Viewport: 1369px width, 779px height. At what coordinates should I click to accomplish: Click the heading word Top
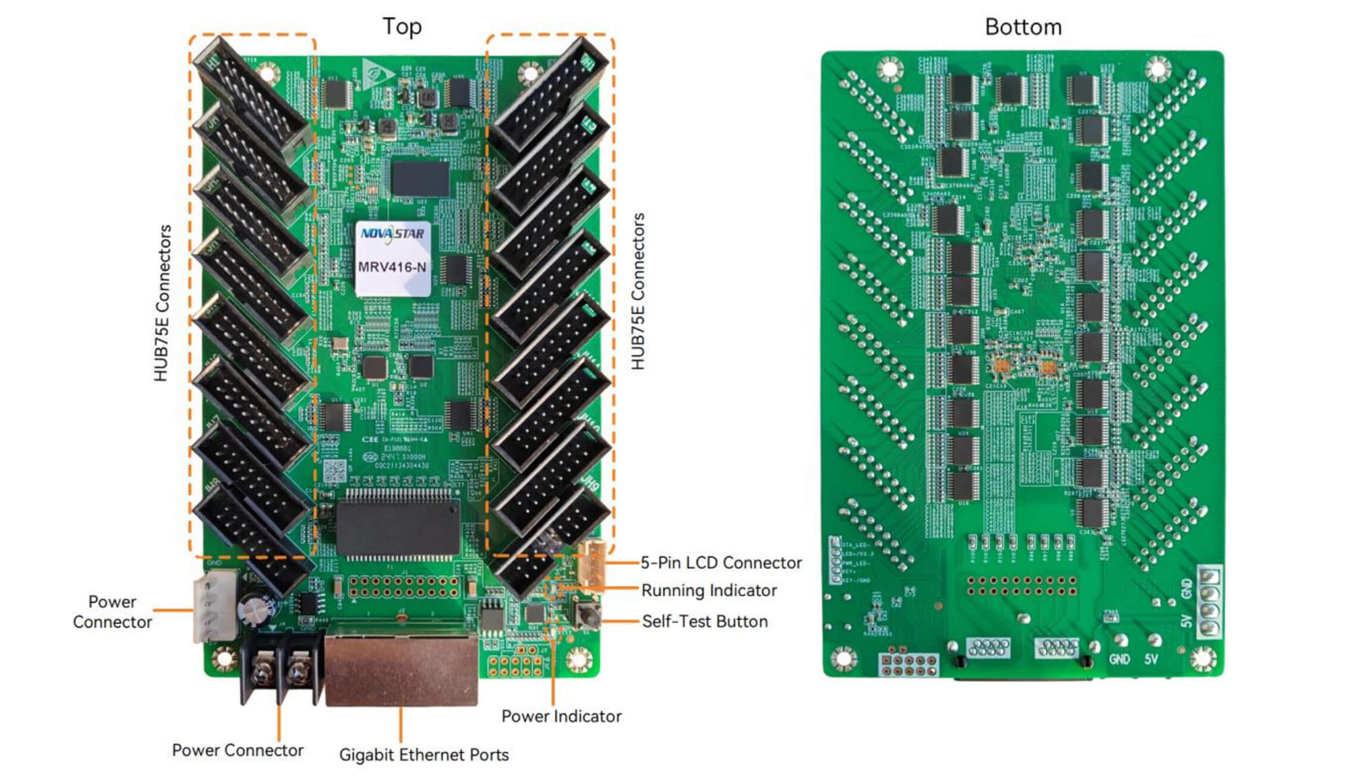402,27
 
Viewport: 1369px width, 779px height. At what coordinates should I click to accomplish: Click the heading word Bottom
1023,27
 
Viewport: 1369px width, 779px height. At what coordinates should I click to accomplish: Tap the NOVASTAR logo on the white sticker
392,234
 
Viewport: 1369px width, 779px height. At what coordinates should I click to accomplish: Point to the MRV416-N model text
392,267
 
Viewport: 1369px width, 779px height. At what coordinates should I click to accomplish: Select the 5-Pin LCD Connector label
721,563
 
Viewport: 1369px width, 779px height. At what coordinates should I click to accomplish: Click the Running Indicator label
709,590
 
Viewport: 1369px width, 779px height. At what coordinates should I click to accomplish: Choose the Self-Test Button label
705,621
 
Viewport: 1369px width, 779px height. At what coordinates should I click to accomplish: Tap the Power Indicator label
561,716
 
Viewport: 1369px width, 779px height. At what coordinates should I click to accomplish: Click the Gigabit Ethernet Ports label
424,755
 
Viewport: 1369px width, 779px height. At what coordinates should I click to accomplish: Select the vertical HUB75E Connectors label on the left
162,303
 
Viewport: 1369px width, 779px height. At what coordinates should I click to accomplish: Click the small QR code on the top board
335,470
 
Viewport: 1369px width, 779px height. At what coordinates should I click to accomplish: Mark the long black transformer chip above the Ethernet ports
398,528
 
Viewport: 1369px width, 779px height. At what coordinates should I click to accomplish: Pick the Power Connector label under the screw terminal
237,750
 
